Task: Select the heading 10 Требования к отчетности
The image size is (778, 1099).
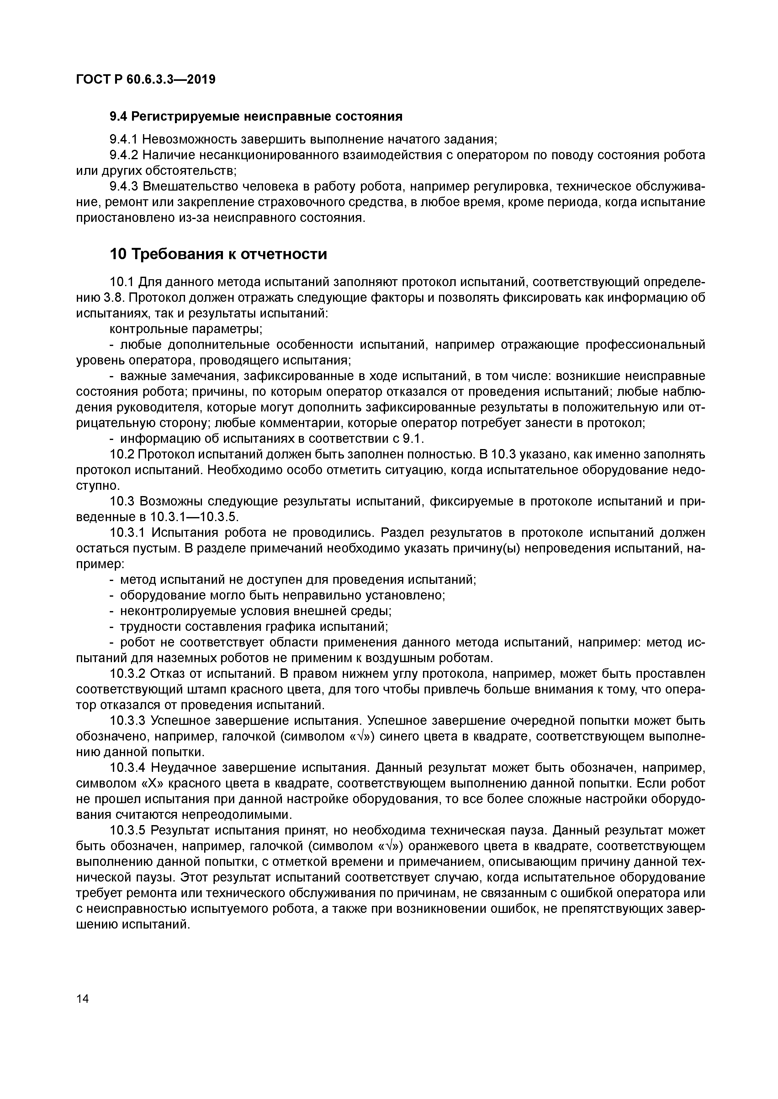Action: [219, 254]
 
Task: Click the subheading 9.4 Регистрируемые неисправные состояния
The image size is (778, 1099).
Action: [256, 116]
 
